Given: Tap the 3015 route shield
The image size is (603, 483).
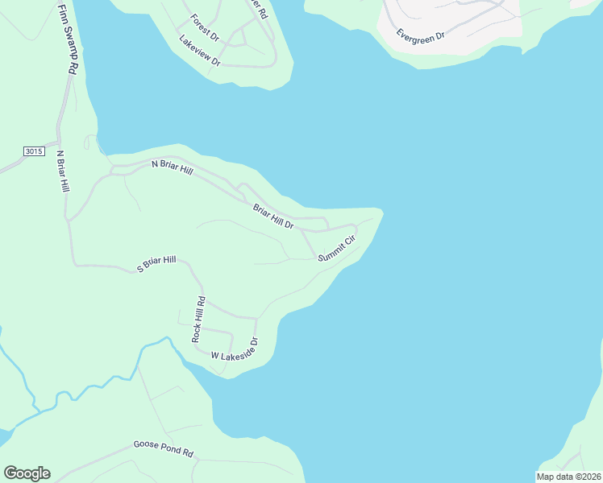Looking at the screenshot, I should [33, 151].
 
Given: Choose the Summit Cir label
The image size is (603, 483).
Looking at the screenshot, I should [336, 249].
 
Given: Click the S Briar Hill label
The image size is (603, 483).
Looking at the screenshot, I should [156, 264].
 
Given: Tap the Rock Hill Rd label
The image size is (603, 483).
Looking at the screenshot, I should [198, 320].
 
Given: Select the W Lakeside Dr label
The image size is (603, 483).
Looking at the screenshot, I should [234, 349].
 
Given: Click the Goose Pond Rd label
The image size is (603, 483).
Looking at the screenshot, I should [164, 449].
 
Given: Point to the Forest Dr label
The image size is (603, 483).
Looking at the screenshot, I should [205, 27].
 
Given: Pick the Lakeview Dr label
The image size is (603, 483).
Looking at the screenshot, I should [199, 51].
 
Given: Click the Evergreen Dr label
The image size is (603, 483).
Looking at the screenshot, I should [421, 35].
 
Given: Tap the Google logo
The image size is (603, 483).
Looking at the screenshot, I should [27, 473].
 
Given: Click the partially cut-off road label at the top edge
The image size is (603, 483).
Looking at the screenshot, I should [257, 8].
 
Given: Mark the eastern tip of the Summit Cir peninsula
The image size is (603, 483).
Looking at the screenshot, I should [381, 213].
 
